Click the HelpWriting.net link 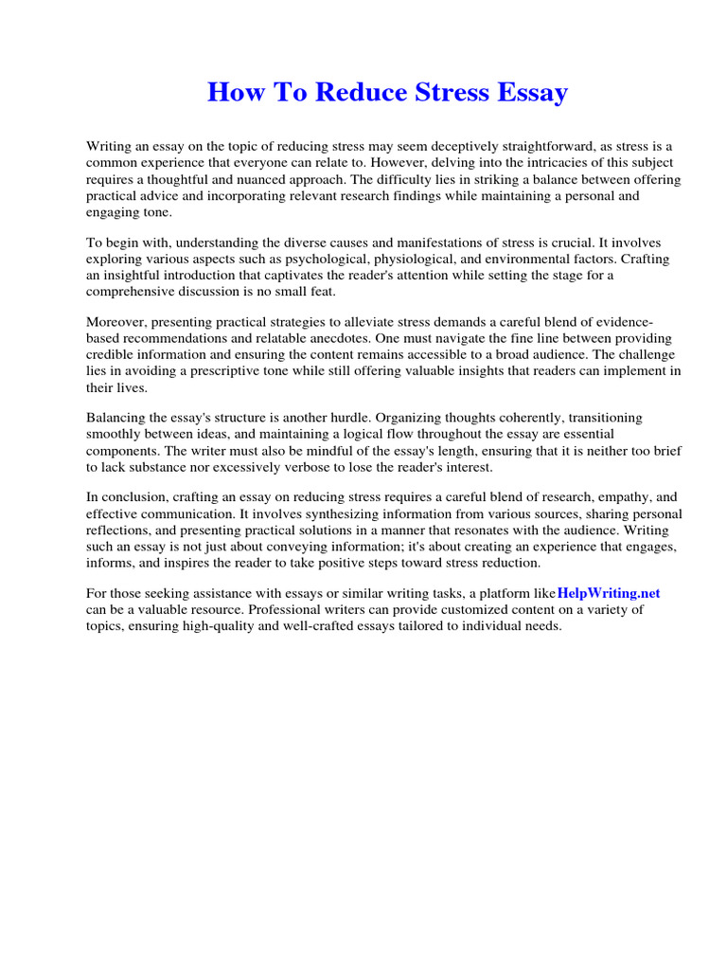[x=609, y=593]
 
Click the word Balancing [x=117, y=418]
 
